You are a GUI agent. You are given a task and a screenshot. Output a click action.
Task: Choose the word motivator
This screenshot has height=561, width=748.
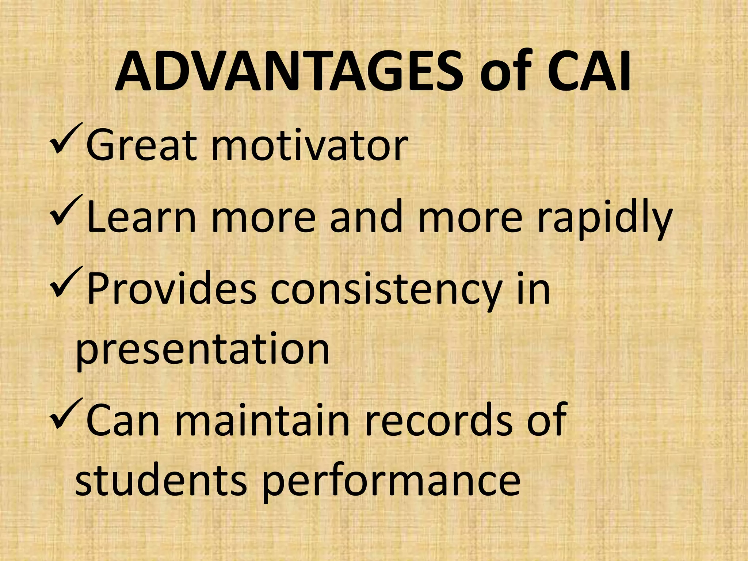click(309, 145)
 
